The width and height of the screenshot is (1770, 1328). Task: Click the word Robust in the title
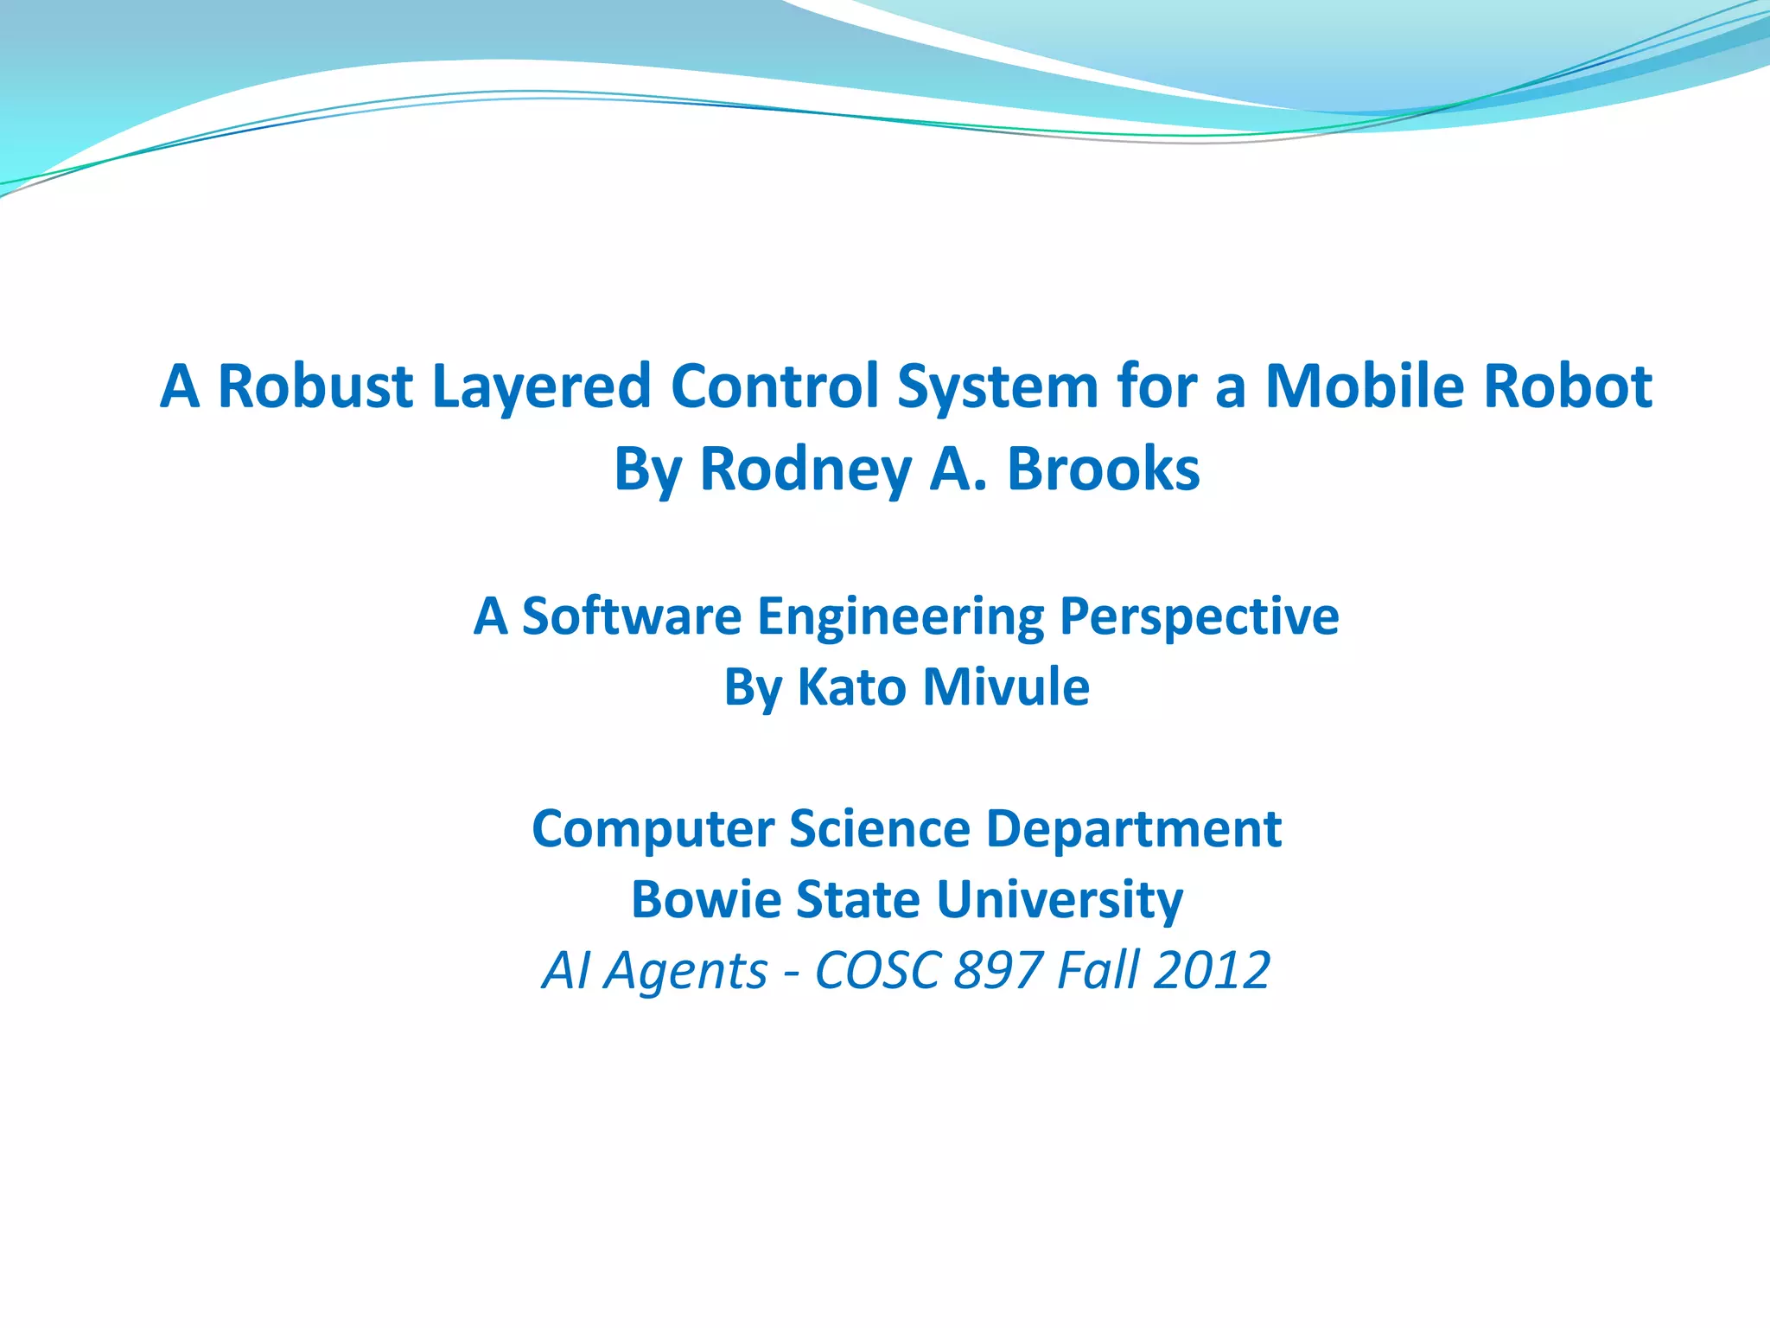(315, 386)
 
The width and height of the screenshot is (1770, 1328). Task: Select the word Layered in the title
(541, 386)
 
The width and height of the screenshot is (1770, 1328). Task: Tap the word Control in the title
(774, 386)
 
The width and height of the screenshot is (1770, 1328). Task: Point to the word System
(997, 386)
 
